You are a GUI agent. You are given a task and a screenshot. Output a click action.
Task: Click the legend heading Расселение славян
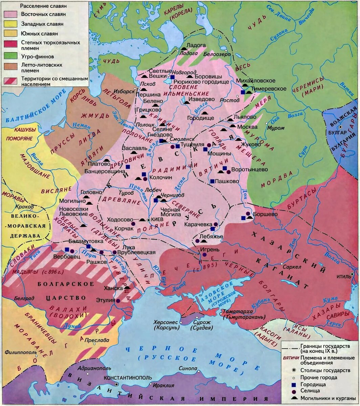pyautogui.click(x=43, y=6)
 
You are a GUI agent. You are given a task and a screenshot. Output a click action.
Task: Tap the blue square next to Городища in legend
pyautogui.click(x=293, y=385)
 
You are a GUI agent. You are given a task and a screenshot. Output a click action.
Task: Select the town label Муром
pyautogui.click(x=276, y=128)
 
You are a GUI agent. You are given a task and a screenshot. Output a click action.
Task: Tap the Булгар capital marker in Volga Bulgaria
pyautogui.click(x=341, y=127)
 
